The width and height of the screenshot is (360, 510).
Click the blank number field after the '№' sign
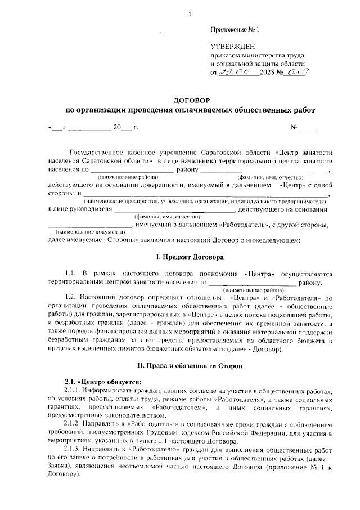click(x=308, y=128)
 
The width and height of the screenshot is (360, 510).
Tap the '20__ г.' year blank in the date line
click(x=125, y=128)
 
